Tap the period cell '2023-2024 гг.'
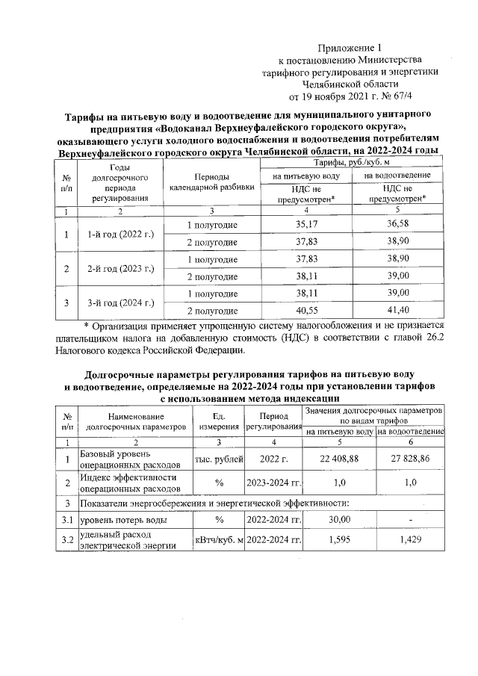(273, 483)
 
